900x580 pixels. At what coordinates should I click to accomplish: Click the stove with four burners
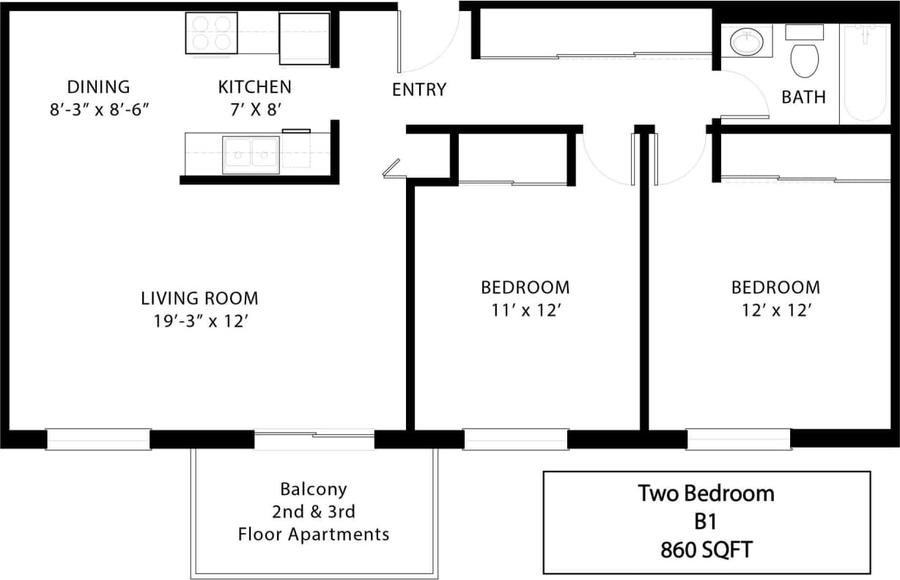point(212,33)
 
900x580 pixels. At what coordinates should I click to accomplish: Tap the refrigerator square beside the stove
point(304,38)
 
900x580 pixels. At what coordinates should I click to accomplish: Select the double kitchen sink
point(251,155)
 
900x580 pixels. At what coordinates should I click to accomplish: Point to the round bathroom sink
point(747,41)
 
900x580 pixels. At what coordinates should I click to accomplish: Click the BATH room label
point(803,97)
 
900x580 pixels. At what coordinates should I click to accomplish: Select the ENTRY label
point(418,90)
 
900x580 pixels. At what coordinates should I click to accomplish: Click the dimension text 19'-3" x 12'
point(199,321)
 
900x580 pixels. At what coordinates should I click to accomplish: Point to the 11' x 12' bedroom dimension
point(525,310)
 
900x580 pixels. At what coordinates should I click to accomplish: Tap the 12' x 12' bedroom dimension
point(775,310)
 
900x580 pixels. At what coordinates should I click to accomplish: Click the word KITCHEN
point(254,87)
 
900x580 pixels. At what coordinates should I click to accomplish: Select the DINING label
point(98,87)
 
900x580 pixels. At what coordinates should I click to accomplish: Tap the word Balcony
point(313,488)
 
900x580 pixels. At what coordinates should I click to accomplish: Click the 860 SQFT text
point(705,549)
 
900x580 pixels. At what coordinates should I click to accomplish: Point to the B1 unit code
point(705,521)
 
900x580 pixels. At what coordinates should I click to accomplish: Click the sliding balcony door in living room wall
point(314,439)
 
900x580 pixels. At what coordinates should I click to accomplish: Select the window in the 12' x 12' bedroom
point(738,439)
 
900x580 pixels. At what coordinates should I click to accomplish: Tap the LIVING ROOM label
point(199,298)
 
